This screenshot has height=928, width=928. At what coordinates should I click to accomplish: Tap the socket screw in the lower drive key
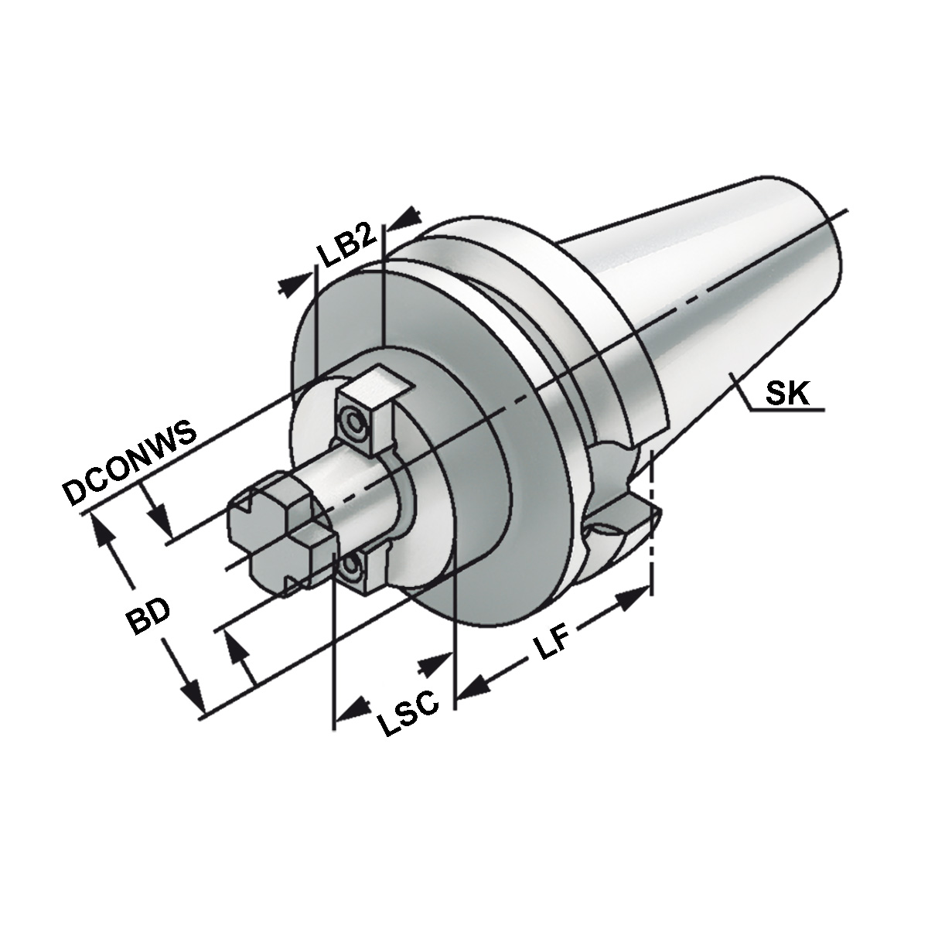click(353, 571)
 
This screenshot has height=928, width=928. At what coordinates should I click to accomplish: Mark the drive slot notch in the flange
click(619, 522)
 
